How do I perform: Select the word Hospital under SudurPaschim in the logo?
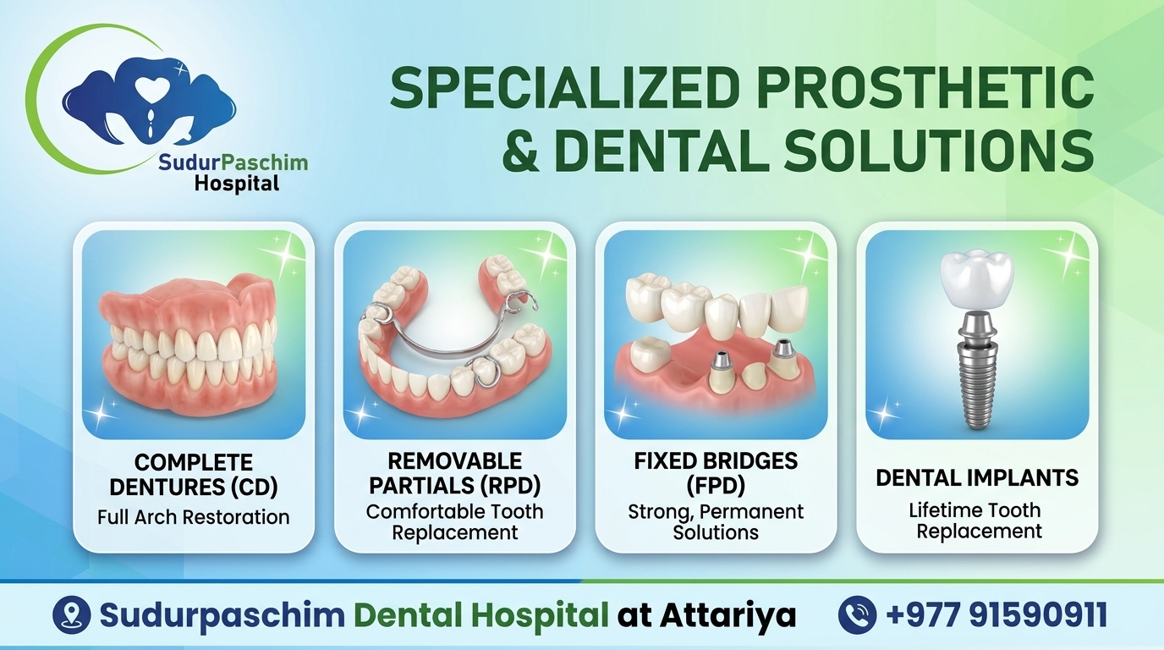click(237, 184)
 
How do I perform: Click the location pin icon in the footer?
click(72, 614)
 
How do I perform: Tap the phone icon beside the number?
click(857, 614)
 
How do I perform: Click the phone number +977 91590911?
click(997, 614)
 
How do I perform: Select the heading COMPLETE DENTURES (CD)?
click(194, 475)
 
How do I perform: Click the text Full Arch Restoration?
click(194, 517)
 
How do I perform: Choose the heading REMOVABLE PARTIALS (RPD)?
click(455, 473)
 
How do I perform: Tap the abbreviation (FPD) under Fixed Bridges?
click(716, 486)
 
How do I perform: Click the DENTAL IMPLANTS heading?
click(977, 478)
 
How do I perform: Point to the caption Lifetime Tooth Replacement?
click(977, 521)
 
